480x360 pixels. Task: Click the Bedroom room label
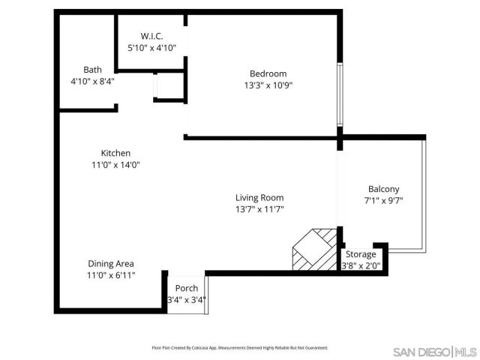(268, 73)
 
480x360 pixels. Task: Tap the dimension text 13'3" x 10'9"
(268, 85)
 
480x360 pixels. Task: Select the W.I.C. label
(151, 36)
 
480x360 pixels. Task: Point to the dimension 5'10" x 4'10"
(151, 48)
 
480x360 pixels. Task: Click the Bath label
(92, 69)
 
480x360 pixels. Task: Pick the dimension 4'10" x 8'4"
(92, 81)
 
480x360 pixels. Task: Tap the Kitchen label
(115, 153)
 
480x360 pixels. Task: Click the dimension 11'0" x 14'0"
(115, 165)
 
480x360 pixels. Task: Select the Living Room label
(259, 197)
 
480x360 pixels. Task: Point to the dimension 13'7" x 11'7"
(259, 209)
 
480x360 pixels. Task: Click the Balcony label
(383, 189)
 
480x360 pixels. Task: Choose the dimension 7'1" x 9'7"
(383, 201)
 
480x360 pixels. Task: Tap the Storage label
(361, 254)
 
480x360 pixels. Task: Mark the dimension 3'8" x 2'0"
(361, 265)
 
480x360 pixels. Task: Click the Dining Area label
(111, 263)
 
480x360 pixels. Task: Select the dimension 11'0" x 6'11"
(111, 275)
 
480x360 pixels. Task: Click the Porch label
(186, 289)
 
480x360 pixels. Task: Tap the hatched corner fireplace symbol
(313, 249)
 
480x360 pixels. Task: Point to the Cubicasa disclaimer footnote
(239, 348)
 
